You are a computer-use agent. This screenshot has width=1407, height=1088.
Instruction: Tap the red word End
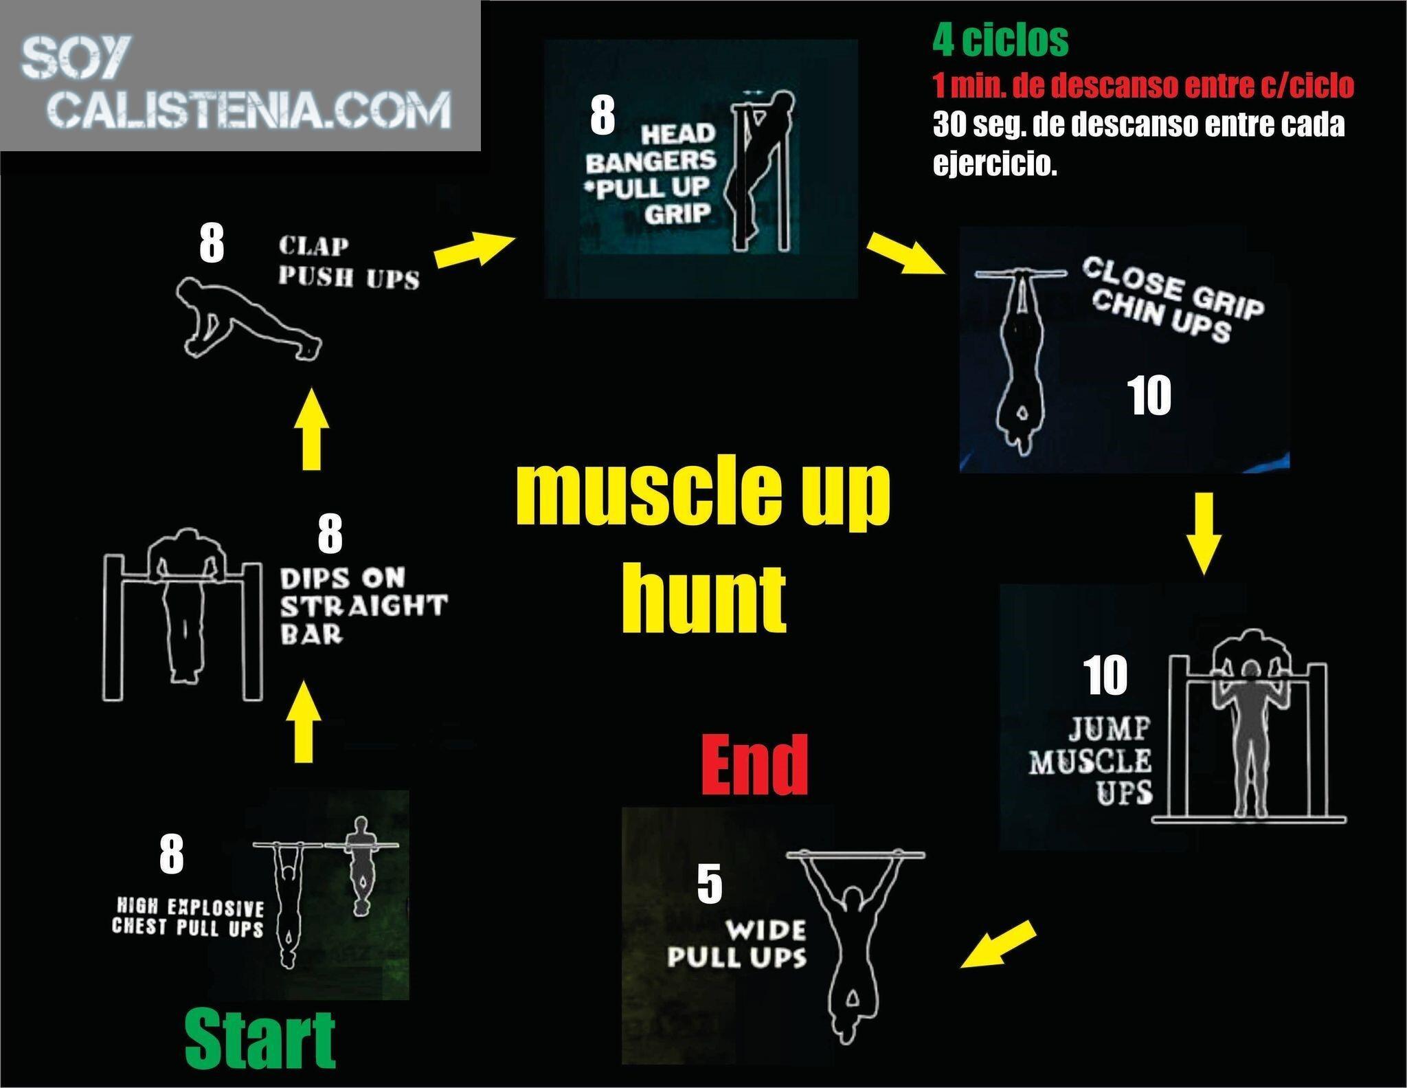[x=755, y=764]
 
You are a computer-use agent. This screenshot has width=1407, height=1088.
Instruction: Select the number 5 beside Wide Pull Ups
[x=710, y=884]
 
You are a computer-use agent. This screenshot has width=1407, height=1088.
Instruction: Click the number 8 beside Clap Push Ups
[x=212, y=243]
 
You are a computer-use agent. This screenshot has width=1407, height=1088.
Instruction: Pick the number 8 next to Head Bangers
[x=603, y=115]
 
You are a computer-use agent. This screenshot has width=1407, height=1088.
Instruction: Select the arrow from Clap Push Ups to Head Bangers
[x=475, y=248]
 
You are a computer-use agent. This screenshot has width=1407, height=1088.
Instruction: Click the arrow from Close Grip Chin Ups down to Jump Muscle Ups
[x=1203, y=533]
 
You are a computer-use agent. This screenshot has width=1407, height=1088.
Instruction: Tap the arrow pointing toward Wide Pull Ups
[x=998, y=944]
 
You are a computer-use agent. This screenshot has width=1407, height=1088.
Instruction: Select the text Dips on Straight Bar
[x=363, y=606]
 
